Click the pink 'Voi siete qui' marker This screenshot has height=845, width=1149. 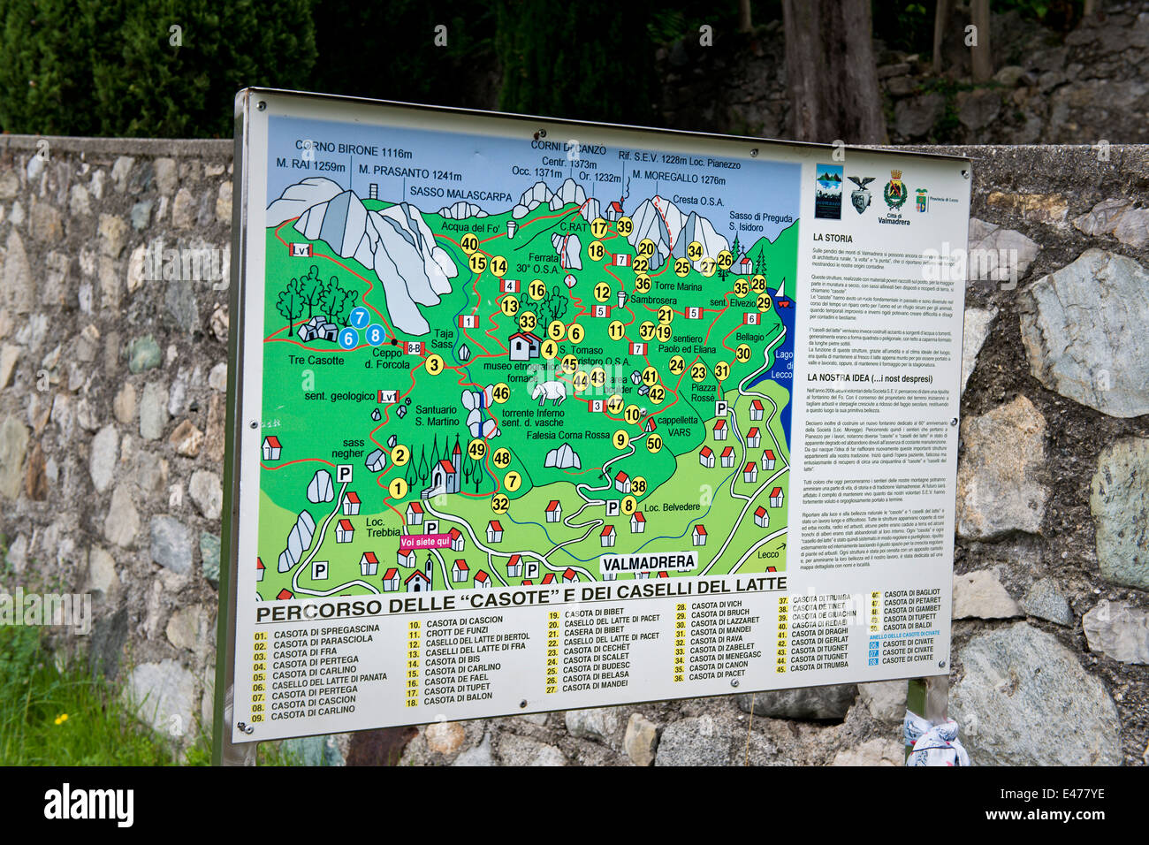tap(425, 541)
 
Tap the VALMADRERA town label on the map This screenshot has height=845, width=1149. tap(648, 562)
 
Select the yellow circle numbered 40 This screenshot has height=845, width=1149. tap(469, 244)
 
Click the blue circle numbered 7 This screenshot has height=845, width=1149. tap(359, 317)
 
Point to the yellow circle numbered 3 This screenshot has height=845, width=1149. tap(434, 364)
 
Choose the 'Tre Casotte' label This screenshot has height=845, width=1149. tap(316, 360)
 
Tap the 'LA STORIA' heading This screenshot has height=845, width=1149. tap(833, 238)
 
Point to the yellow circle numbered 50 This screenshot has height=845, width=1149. tap(654, 444)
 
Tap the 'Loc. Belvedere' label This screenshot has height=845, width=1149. tap(672, 507)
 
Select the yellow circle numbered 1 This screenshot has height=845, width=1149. tap(399, 487)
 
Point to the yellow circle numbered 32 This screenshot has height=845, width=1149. tap(500, 504)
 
